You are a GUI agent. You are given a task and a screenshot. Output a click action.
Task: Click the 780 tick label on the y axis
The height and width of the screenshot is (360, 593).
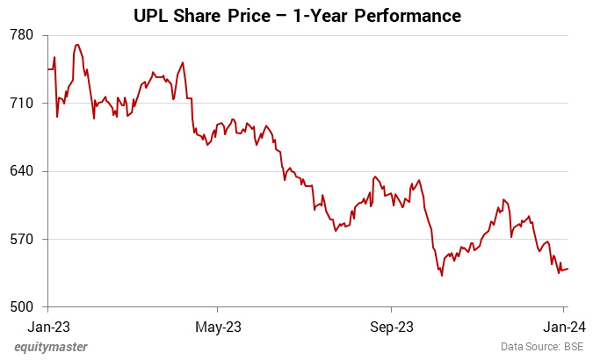21,35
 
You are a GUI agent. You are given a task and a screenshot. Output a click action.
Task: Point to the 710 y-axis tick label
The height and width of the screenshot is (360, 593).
21,103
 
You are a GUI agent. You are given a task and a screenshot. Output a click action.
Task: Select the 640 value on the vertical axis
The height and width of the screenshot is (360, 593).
21,171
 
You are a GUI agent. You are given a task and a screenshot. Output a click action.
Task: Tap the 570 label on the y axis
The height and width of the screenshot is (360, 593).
21,239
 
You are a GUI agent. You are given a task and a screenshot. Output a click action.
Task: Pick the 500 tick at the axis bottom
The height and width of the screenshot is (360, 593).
21,307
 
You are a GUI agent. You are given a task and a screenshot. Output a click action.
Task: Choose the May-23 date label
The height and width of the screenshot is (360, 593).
218,327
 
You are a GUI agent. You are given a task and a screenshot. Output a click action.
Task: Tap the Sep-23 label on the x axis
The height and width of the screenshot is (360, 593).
391,327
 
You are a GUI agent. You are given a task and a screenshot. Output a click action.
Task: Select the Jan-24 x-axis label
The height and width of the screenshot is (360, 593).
563,327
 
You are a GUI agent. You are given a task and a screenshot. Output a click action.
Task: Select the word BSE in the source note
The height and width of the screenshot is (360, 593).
574,347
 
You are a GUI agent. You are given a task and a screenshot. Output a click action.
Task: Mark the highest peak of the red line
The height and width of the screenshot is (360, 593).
77,44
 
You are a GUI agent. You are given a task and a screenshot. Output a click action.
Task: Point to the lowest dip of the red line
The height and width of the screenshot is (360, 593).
442,276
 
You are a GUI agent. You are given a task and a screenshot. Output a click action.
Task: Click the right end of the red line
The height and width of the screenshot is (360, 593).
568,269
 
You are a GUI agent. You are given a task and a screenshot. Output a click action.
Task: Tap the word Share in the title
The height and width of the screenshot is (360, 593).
201,16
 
